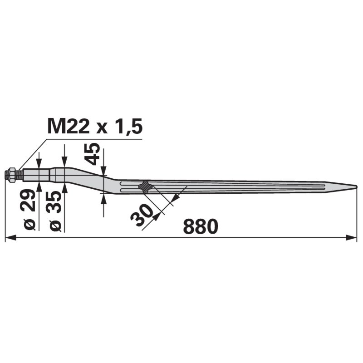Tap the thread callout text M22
coord(69,126)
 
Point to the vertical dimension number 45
coord(92,154)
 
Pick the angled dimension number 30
coord(142,215)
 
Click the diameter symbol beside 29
coord(29,224)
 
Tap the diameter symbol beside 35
coord(55,225)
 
